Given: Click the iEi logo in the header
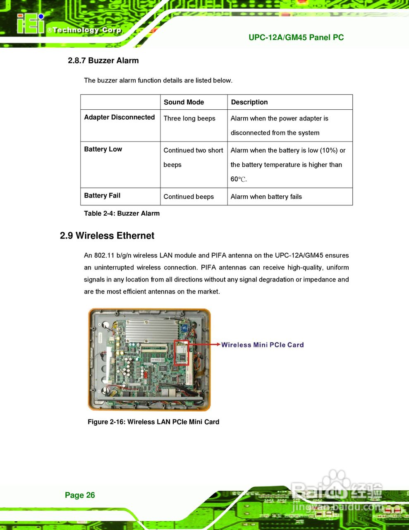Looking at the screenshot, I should pyautogui.click(x=31, y=24).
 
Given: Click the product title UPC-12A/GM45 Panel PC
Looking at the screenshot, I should pyautogui.click(x=296, y=37).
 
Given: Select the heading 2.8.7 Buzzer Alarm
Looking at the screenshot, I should pyautogui.click(x=103, y=60).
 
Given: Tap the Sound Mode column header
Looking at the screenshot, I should pyautogui.click(x=184, y=102).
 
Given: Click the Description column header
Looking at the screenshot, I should pyautogui.click(x=249, y=102).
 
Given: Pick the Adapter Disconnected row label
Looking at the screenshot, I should pyautogui.click(x=119, y=117).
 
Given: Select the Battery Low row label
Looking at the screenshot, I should pyautogui.click(x=103, y=149).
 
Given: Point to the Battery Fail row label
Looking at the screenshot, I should pyautogui.click(x=102, y=195).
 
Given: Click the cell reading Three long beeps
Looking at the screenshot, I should pyautogui.click(x=189, y=118).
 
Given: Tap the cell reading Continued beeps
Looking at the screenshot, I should pyautogui.click(x=189, y=197).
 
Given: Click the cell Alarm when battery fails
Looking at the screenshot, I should pyautogui.click(x=266, y=197).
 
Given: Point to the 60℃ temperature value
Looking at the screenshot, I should pyautogui.click(x=238, y=179).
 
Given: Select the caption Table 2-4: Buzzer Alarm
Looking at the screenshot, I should pyautogui.click(x=122, y=213).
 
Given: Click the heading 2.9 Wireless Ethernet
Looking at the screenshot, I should pyautogui.click(x=107, y=236).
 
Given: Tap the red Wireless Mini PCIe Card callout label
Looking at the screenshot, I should pyautogui.click(x=262, y=345).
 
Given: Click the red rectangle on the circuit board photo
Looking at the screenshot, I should pyautogui.click(x=182, y=353).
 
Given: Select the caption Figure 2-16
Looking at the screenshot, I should pyautogui.click(x=153, y=422).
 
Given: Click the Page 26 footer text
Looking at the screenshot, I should pyautogui.click(x=80, y=495).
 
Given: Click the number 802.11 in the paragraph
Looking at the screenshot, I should pyautogui.click(x=104, y=255).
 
